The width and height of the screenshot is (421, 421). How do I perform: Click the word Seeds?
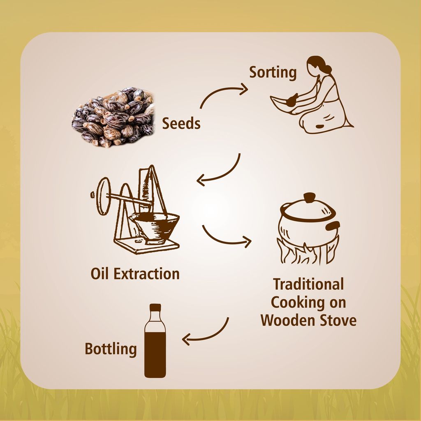tap(181, 123)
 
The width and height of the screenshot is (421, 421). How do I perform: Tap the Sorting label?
tap(273, 72)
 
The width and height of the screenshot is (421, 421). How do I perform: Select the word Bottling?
tap(111, 349)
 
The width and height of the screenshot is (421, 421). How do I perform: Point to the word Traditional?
tap(308, 284)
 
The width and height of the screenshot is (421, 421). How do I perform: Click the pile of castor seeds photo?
tap(113, 117)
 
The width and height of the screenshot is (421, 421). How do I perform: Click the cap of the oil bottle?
tap(155, 308)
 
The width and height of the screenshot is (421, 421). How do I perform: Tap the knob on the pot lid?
tap(309, 197)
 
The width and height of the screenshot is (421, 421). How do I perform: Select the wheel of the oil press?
tap(103, 196)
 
